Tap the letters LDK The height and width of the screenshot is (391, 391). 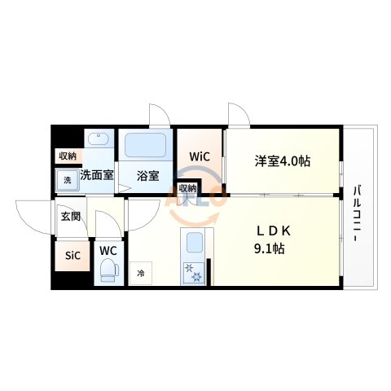click(x=270, y=231)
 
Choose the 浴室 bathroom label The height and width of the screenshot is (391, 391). click(x=147, y=174)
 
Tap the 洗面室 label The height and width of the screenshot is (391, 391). click(x=96, y=174)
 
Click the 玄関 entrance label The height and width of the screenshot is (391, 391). click(x=70, y=216)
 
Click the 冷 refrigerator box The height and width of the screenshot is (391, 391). click(x=140, y=273)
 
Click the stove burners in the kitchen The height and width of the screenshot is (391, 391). click(x=195, y=273)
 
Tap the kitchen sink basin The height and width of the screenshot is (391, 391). click(x=195, y=243)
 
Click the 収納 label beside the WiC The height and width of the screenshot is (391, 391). click(x=187, y=187)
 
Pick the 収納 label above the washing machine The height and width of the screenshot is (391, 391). click(x=67, y=155)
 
